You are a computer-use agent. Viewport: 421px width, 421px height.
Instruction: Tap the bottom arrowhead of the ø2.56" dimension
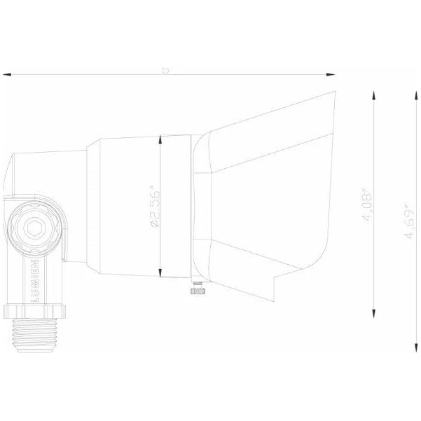tap(162, 274)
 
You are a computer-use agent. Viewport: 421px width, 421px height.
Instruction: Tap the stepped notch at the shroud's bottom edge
tap(277, 280)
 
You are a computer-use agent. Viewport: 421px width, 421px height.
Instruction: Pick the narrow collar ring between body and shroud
tap(191, 207)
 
